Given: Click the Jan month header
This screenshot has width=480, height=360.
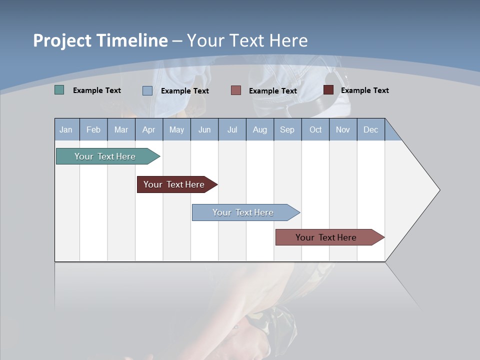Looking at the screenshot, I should (x=66, y=129).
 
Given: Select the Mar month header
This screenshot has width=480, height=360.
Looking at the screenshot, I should (x=121, y=129).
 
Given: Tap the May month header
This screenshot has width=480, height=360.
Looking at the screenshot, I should (x=176, y=129).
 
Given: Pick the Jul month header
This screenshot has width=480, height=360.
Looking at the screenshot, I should (x=232, y=129).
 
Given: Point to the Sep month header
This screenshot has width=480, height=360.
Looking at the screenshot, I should (x=287, y=129).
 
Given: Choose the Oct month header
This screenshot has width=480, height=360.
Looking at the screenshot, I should (x=315, y=129).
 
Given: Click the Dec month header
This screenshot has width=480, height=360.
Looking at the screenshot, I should (x=370, y=129).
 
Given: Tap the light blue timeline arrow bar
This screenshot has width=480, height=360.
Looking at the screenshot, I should (x=243, y=212).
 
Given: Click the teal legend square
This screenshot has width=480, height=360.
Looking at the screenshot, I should (x=59, y=90).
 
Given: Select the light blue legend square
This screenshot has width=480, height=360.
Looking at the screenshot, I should (x=147, y=90).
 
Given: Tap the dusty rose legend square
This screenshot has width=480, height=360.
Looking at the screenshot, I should (x=236, y=90).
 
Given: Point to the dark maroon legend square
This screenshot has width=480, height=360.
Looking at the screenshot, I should (x=328, y=90).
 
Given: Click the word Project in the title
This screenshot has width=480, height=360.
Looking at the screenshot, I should (x=62, y=40).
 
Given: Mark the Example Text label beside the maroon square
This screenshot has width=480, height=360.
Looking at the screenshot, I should (x=364, y=90).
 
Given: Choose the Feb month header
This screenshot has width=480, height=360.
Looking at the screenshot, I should (x=93, y=129).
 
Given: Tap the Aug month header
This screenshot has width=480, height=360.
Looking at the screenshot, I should (x=259, y=129).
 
